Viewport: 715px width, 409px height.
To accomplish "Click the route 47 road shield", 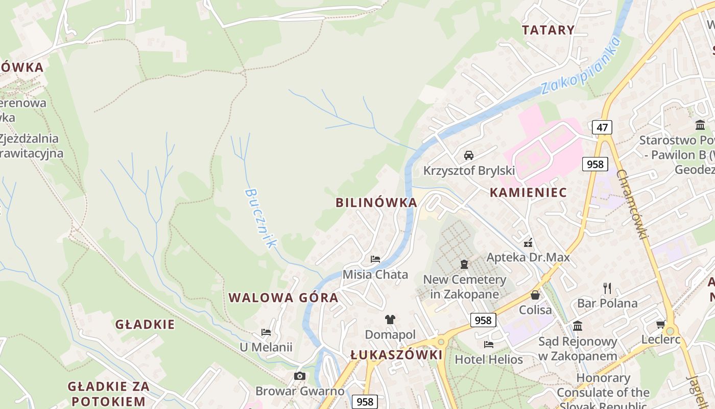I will coord(602,127).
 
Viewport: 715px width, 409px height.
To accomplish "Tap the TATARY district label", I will coord(548,30).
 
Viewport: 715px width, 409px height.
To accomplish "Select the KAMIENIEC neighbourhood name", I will coord(528,193).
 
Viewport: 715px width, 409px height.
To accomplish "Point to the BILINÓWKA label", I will coord(376,202).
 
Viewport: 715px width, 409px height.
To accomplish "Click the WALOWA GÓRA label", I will coord(283,298).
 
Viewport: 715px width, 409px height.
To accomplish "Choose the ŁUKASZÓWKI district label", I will coord(396,355).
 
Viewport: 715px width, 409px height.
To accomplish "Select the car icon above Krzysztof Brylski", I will coord(468,155).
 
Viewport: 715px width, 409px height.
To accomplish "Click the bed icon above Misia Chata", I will coord(375,259).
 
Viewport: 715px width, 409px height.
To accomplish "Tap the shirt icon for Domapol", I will coord(390,320).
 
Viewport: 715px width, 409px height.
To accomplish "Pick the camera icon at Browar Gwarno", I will coord(300,376).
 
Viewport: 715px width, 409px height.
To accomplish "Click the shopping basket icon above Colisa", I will coord(535,295).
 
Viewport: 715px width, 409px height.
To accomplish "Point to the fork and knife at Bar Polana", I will coord(607,288).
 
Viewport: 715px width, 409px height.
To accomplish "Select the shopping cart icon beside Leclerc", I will coord(660,324).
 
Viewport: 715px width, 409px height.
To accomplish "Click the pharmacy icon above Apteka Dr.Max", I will coord(528,242).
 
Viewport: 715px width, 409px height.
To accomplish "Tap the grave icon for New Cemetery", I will coord(464,264).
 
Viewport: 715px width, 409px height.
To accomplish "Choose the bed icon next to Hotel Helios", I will coord(489,344).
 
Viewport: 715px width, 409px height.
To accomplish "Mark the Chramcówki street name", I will coord(632,204).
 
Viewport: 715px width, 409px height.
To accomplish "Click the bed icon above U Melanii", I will coord(266,332).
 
